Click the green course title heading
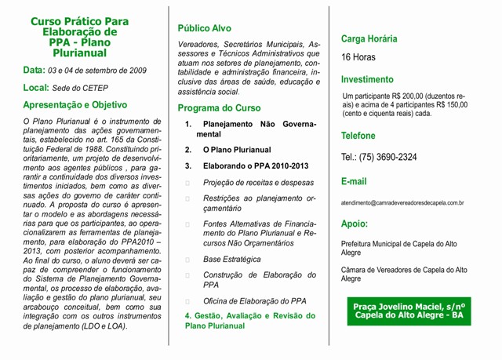pos(79,38)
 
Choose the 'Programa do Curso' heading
pos(219,107)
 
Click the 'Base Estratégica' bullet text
pos(232,258)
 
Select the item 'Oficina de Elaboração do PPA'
pos(255,301)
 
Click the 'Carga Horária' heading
pos(369,38)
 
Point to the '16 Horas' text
pos(358,57)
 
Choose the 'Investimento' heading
pos(367,79)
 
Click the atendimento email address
pos(402,202)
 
